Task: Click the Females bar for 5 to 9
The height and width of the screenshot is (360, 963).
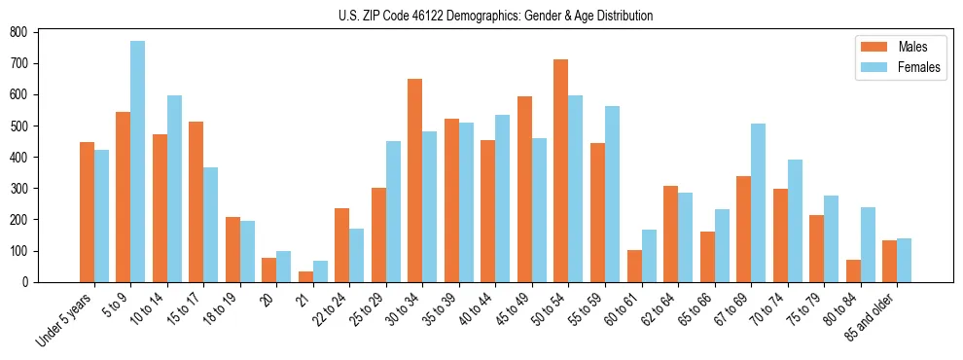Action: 138,162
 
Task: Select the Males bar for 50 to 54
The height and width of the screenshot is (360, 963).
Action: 561,170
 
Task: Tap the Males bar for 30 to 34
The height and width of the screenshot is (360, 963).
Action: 415,180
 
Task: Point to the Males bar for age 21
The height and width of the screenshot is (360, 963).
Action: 305,276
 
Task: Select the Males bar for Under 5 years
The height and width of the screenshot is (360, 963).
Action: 87,212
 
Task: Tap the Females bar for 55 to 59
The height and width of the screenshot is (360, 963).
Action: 612,194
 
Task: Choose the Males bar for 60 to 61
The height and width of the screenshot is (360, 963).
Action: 634,266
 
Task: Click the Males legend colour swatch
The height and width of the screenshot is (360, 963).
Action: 869,46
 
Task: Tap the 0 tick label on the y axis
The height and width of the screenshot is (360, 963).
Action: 27,282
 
